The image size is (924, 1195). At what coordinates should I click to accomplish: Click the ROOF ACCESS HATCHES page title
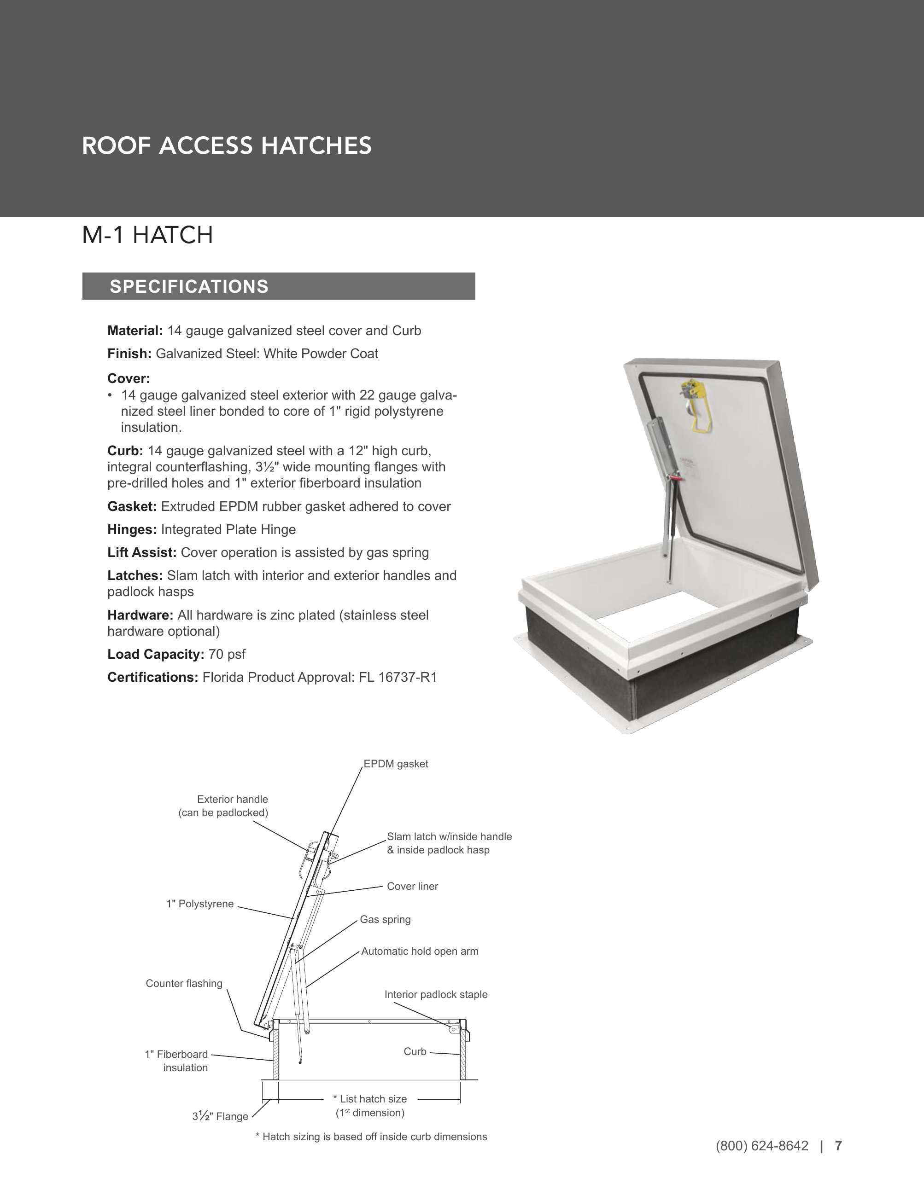pyautogui.click(x=227, y=146)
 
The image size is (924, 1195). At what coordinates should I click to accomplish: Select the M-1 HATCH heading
pyautogui.click(x=147, y=235)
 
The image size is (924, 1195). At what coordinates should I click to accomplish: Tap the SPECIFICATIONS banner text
pyautogui.click(x=189, y=287)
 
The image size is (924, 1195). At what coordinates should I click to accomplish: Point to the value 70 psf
pyautogui.click(x=227, y=655)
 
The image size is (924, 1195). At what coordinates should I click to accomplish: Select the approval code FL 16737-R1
pyautogui.click(x=398, y=678)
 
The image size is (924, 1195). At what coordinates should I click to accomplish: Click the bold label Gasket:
pyautogui.click(x=132, y=507)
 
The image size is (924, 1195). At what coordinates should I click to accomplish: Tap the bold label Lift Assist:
pyautogui.click(x=142, y=553)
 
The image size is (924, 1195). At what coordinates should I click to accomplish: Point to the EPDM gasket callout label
pyautogui.click(x=396, y=764)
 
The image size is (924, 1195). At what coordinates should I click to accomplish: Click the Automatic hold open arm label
pyautogui.click(x=419, y=951)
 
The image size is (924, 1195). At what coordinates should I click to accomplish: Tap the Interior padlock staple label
pyautogui.click(x=436, y=994)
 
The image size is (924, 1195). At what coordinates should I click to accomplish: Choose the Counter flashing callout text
pyautogui.click(x=184, y=983)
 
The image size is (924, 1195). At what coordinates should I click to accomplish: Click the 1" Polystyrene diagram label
pyautogui.click(x=200, y=904)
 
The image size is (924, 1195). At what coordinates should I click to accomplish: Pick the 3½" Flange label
pyautogui.click(x=220, y=1116)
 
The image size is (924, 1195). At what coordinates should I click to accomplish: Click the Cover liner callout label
pyautogui.click(x=412, y=887)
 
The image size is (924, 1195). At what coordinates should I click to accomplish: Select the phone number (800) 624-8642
pyautogui.click(x=761, y=1146)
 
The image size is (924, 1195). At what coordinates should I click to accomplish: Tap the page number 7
pyautogui.click(x=838, y=1146)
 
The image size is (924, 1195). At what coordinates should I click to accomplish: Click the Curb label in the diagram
pyautogui.click(x=415, y=1052)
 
